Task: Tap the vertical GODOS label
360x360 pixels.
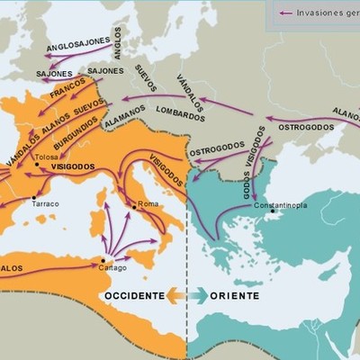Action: tap(247, 181)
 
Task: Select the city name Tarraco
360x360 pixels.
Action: tap(45, 204)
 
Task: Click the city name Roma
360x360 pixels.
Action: tap(148, 204)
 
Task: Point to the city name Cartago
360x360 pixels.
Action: tap(113, 267)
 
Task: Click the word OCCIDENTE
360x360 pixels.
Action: tap(134, 295)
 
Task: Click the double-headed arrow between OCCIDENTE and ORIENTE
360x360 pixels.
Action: tap(186, 295)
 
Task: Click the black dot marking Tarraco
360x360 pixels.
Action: tap(33, 196)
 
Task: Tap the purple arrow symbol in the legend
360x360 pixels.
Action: tap(287, 13)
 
